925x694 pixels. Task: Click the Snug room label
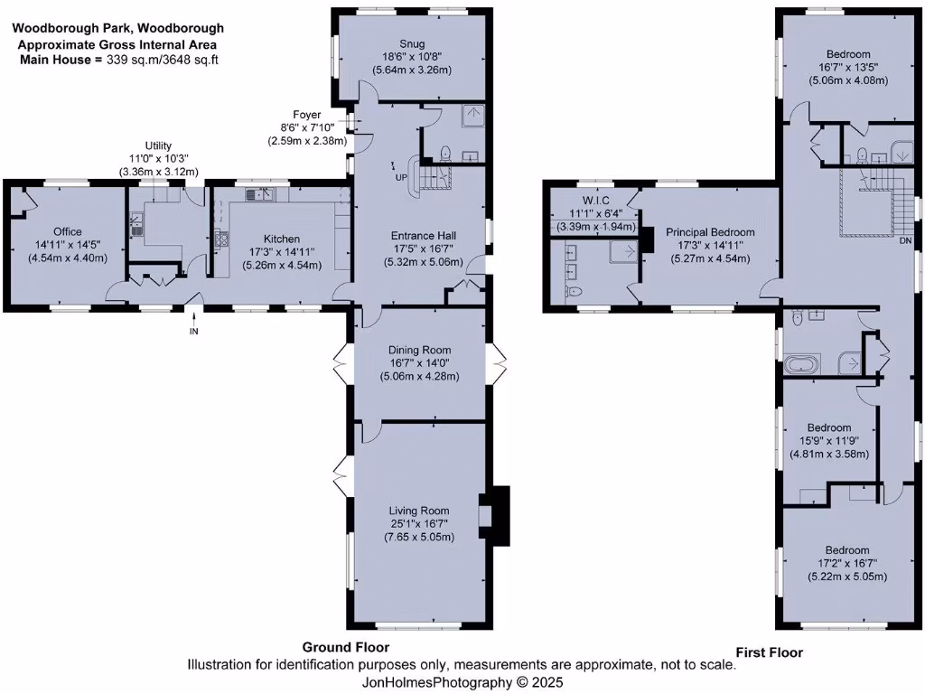click(x=412, y=43)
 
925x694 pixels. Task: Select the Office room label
click(x=67, y=232)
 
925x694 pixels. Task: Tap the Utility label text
click(x=159, y=145)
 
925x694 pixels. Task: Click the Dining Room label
click(x=419, y=351)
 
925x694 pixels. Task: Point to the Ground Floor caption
click(x=345, y=647)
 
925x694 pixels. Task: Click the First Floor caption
click(x=769, y=652)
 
